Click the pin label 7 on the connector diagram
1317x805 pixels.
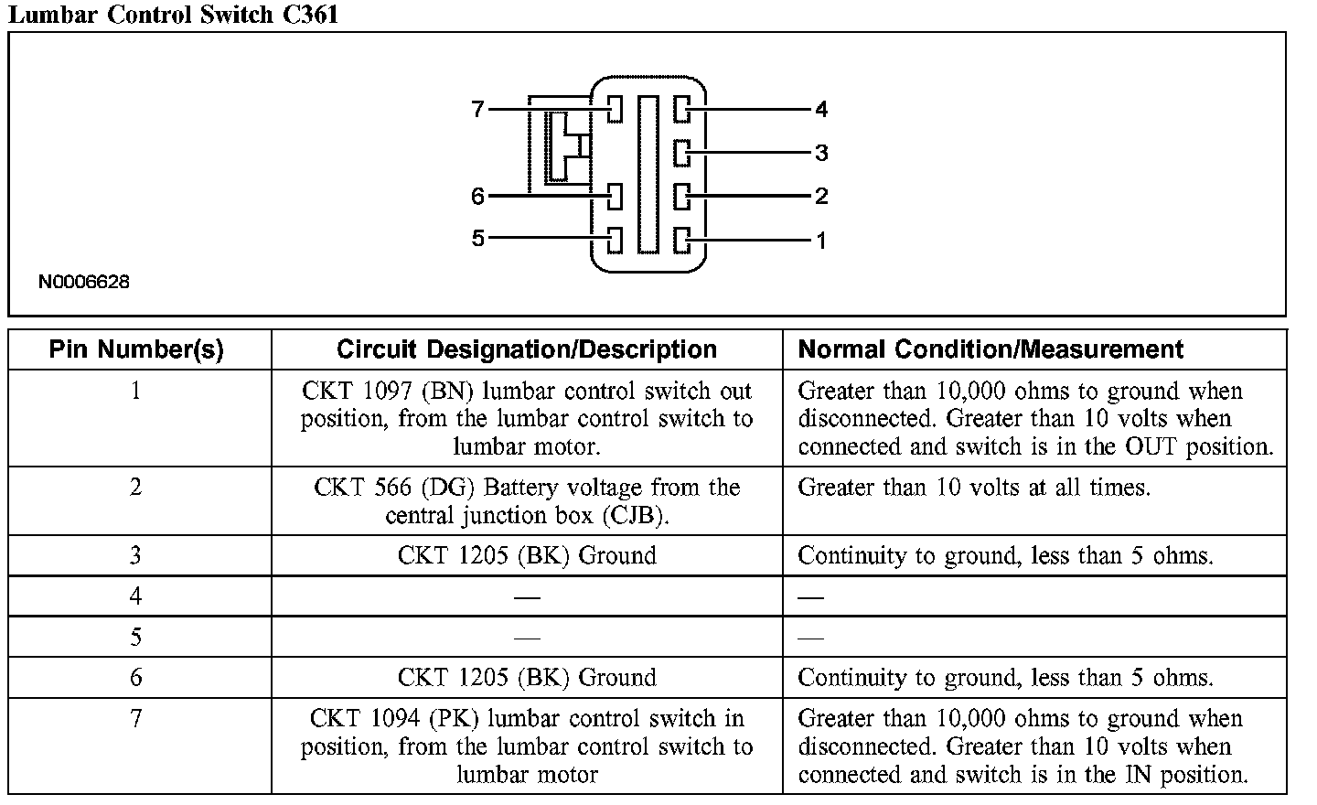477,110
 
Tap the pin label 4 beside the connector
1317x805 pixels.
821,110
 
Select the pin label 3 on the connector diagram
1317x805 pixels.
821,153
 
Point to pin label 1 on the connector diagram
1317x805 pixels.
821,241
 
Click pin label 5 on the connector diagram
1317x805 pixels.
477,239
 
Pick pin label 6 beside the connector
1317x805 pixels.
477,196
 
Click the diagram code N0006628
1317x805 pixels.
84,282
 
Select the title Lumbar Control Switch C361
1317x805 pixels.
173,15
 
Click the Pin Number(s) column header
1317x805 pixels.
136,349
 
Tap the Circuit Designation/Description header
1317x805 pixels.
527,349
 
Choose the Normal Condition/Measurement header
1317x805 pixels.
990,349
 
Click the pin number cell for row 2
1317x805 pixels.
136,488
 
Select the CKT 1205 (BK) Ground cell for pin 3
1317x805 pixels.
527,555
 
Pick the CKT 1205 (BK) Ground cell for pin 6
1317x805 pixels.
527,678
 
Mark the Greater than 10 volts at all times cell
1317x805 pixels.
974,488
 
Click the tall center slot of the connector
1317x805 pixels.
648,174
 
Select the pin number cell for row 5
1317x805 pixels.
136,637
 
